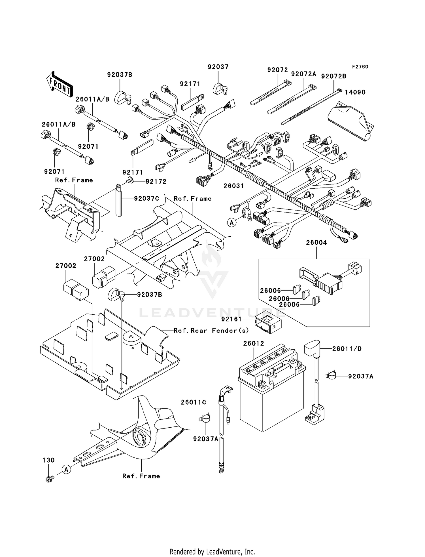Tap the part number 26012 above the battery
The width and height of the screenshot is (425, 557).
coord(254,343)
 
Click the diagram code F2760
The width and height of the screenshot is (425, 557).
coord(360,67)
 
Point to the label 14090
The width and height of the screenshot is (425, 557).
coord(355,92)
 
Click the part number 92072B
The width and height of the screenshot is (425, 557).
coord(333,76)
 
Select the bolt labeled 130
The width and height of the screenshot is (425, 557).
coord(49,479)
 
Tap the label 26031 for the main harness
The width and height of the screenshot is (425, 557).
coord(233,186)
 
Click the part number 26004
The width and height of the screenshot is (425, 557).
coord(316,243)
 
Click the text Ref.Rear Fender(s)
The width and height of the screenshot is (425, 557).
coord(211,331)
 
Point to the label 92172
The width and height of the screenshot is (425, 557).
coord(156,181)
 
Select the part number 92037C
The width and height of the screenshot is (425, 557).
coord(146,198)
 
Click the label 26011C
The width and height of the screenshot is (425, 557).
coord(193,402)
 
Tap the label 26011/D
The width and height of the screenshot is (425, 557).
coord(347,349)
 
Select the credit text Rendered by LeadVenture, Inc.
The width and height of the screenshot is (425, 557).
coord(212,551)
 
